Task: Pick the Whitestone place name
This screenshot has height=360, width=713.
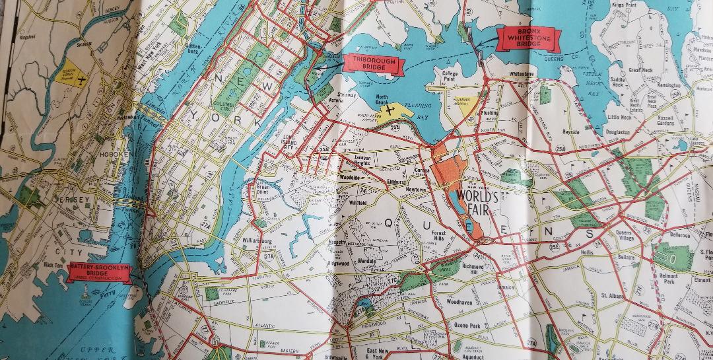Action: [x=521, y=75]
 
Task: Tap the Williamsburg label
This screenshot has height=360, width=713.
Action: [x=257, y=242]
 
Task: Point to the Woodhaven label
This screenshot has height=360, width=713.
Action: [x=458, y=302]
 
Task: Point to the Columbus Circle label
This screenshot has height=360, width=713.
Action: [x=229, y=106]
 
